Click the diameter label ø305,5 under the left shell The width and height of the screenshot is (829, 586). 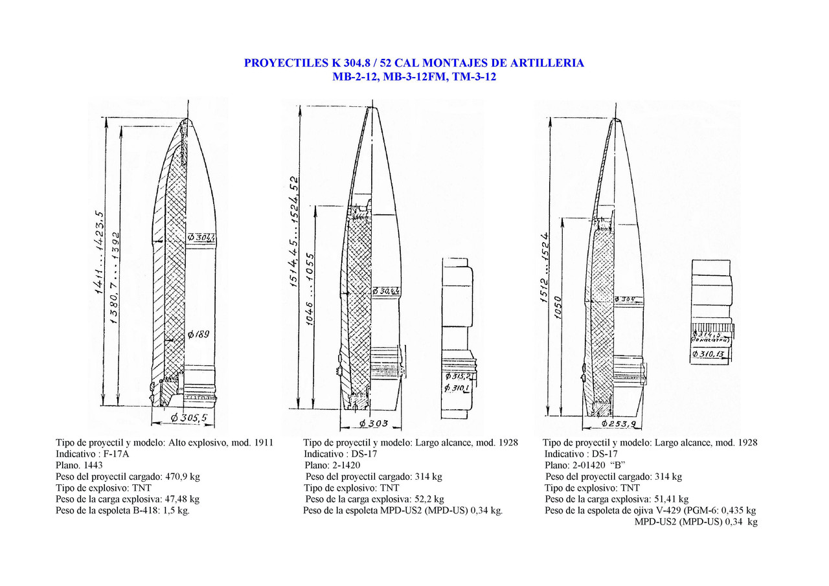click(x=188, y=418)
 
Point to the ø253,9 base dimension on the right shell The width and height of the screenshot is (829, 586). click(x=620, y=423)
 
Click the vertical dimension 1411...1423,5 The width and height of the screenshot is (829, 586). click(x=100, y=253)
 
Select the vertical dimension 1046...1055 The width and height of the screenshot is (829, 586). click(x=310, y=289)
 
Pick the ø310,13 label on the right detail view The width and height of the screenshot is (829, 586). click(x=710, y=354)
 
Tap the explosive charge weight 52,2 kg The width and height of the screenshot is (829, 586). click(x=429, y=499)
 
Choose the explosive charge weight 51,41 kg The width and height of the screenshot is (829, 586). click(x=670, y=499)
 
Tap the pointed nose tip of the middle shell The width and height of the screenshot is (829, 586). click(x=372, y=107)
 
